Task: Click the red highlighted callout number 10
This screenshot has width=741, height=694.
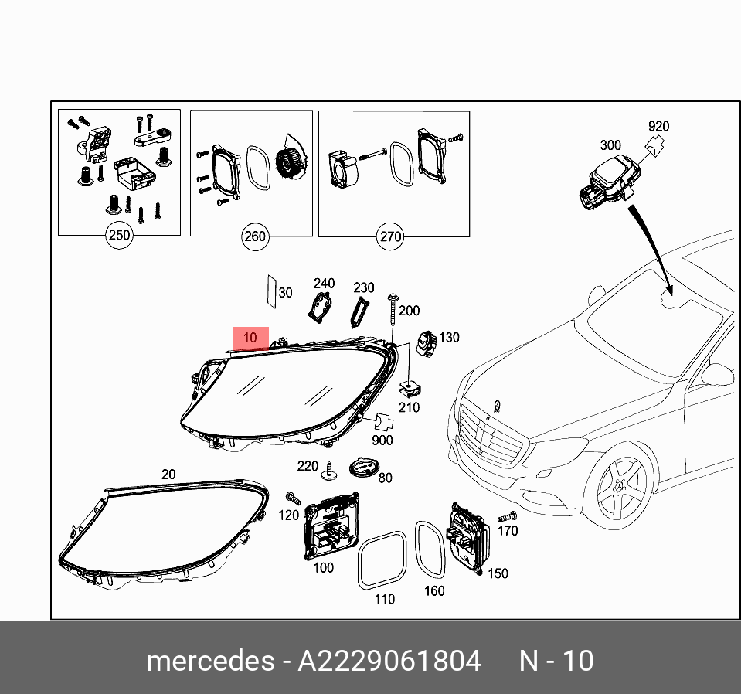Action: click(x=251, y=338)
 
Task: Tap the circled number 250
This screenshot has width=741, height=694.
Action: click(x=119, y=235)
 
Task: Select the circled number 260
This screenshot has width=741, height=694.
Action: click(x=254, y=236)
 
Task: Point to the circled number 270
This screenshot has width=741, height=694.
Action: click(x=391, y=236)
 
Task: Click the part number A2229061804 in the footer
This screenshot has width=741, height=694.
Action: click(x=389, y=662)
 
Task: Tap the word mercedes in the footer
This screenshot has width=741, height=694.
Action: click(x=209, y=662)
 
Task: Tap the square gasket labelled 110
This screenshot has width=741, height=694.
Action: click(x=382, y=561)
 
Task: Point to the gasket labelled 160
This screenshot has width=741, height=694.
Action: click(x=430, y=549)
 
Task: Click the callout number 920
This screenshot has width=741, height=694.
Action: click(x=658, y=127)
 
